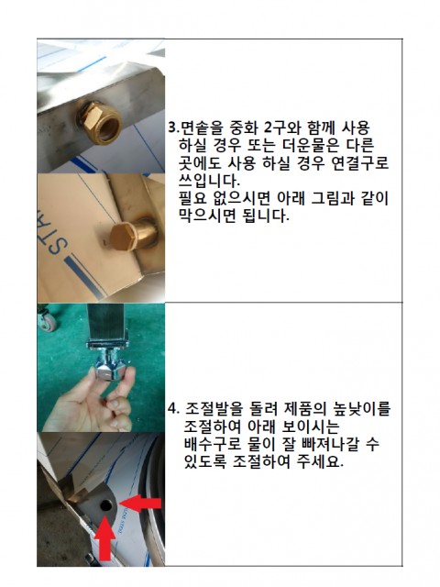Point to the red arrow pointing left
140,504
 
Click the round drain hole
106,505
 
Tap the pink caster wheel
47,322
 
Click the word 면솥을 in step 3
202,128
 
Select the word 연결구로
360,163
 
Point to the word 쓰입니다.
209,181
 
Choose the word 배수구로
213,444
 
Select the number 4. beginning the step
174,409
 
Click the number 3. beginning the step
174,128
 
